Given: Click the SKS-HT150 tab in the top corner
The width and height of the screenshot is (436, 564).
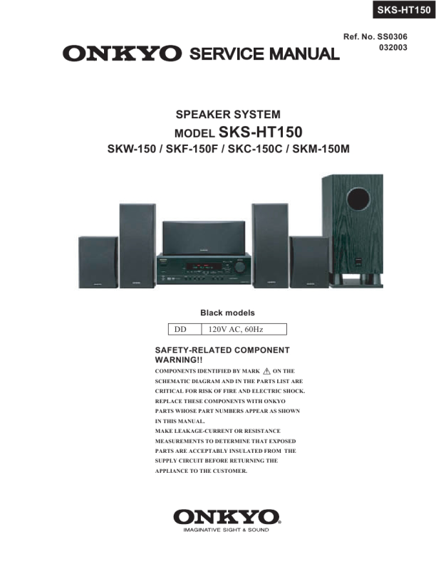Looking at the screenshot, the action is [404, 10].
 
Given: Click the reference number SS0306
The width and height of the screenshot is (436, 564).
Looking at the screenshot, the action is [392, 37].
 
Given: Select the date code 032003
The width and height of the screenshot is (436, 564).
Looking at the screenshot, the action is [393, 48].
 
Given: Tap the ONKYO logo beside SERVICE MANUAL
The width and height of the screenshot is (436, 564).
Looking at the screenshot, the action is [122, 53].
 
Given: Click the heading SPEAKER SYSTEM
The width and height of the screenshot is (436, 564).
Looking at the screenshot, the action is [228, 115].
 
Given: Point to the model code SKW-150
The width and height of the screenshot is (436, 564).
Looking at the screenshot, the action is [132, 149].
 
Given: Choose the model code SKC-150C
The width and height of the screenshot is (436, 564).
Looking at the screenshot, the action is [255, 149].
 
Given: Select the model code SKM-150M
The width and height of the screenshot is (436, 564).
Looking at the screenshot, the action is [321, 149].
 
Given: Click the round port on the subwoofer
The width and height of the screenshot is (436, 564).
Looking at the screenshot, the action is [358, 199].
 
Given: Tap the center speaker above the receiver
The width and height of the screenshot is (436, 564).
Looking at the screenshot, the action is [204, 237].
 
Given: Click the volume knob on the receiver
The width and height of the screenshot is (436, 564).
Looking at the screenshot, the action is [240, 266].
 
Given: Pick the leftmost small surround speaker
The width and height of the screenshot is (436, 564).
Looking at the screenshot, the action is [98, 262].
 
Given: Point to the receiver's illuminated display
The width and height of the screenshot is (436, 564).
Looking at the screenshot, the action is [204, 267].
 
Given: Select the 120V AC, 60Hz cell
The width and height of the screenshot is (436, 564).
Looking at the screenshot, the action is [244, 329].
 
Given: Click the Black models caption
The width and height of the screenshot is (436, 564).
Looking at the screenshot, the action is [227, 313].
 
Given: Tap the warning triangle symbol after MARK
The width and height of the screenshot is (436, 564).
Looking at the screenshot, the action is [266, 371].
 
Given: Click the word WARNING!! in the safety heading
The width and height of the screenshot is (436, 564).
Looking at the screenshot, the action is [179, 360].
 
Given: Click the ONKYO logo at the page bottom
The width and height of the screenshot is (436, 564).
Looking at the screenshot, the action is [227, 517].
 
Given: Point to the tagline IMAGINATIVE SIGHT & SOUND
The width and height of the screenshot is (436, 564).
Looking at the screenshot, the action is [226, 530].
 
